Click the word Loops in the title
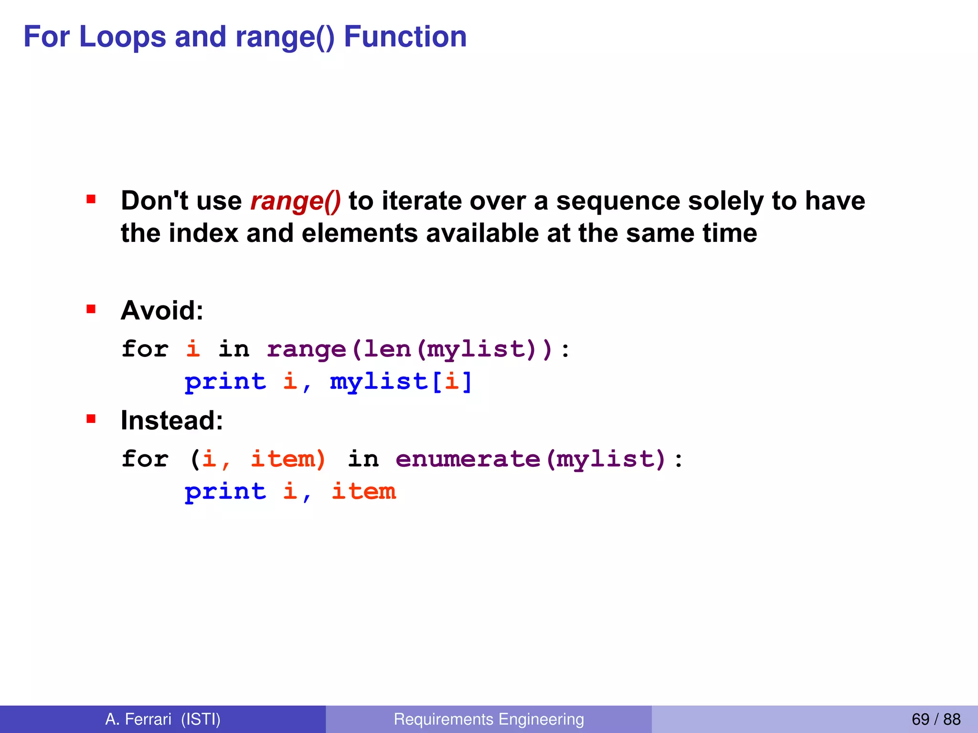(123, 37)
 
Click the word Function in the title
(405, 37)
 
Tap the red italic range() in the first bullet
(296, 201)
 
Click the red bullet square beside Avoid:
(91, 309)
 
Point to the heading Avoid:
(162, 311)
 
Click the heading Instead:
(172, 420)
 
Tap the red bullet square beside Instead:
(91, 419)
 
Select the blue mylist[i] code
(401, 382)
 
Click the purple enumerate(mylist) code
(531, 459)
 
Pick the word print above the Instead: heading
(225, 382)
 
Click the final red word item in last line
(364, 492)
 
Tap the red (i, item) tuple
(258, 459)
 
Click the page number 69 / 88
(935, 719)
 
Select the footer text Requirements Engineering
(489, 719)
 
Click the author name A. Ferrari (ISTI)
(163, 719)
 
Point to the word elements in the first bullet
(360, 233)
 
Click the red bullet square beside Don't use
(91, 199)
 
